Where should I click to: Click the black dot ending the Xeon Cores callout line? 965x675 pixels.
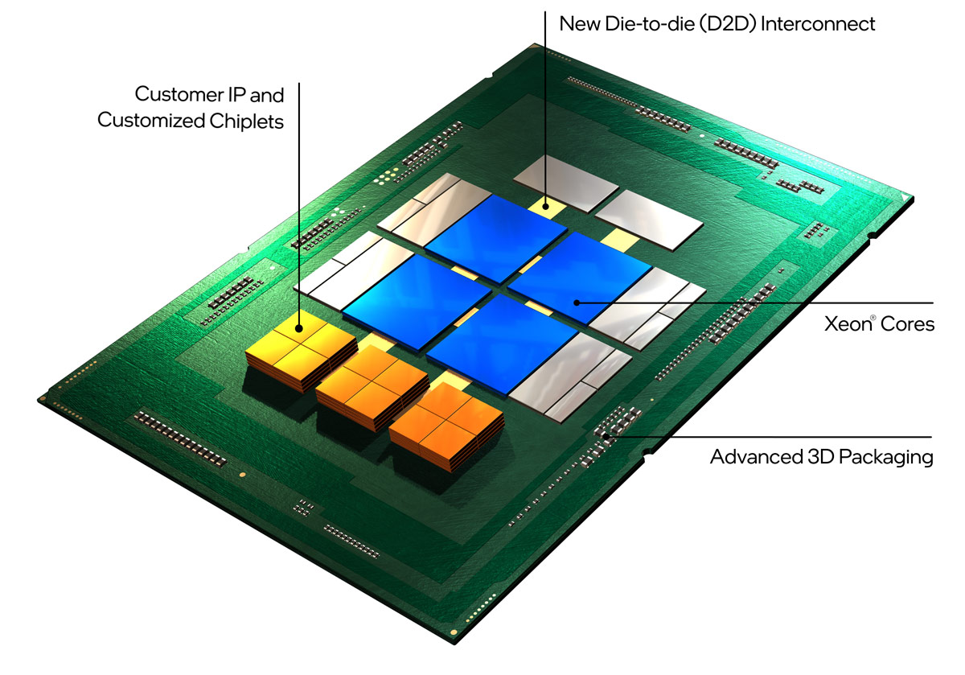tap(577, 303)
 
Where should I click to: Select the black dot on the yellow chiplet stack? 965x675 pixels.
tap(299, 327)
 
